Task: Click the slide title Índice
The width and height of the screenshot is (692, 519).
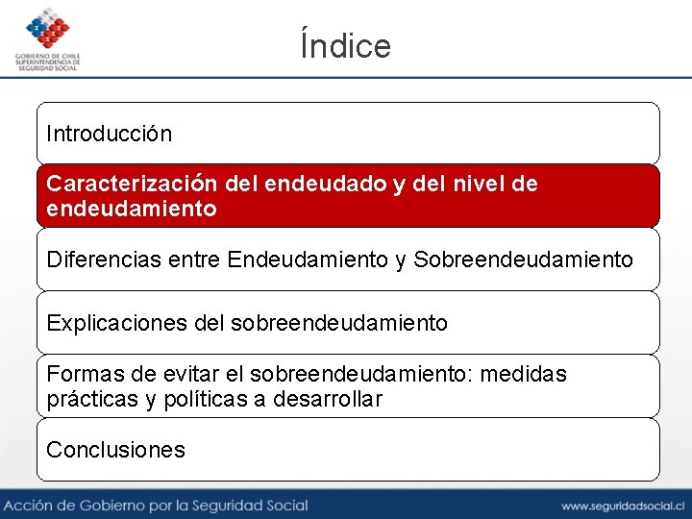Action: pyautogui.click(x=346, y=45)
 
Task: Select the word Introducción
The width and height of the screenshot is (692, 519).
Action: pyautogui.click(x=110, y=134)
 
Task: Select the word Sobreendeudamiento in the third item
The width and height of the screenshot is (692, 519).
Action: pyautogui.click(x=524, y=259)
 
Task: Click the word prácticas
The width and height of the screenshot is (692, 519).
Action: pyautogui.click(x=92, y=399)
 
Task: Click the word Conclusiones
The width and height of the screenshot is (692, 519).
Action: pyautogui.click(x=115, y=450)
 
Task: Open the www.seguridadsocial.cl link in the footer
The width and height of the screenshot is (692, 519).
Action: pyautogui.click(x=622, y=506)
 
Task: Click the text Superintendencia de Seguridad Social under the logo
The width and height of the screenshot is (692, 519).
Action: pyautogui.click(x=48, y=64)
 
